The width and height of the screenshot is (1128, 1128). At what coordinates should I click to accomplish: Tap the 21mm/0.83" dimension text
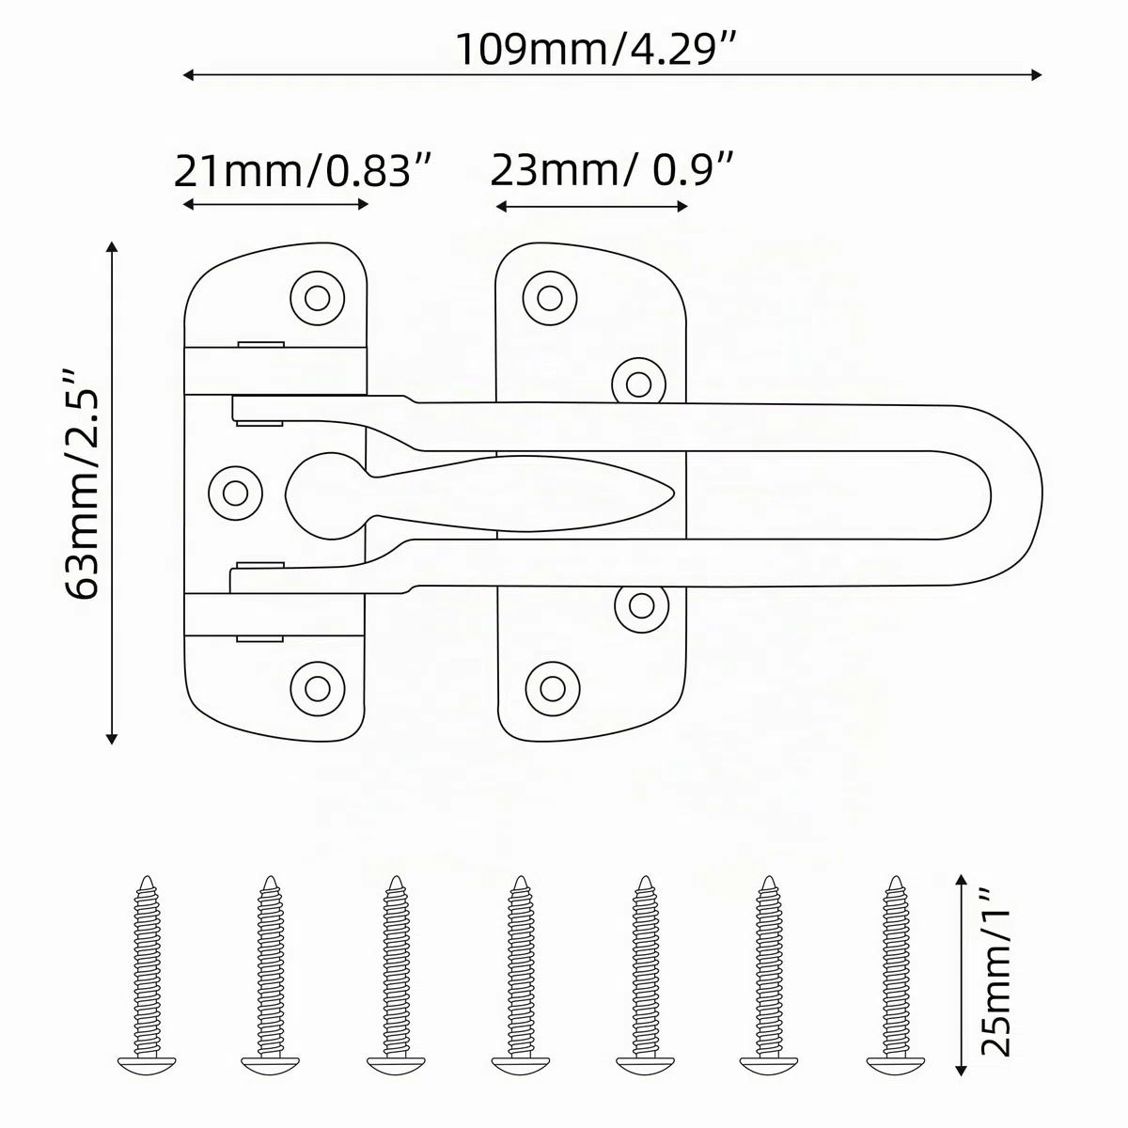(304, 171)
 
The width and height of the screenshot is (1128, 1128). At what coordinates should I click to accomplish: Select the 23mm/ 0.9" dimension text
(612, 170)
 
